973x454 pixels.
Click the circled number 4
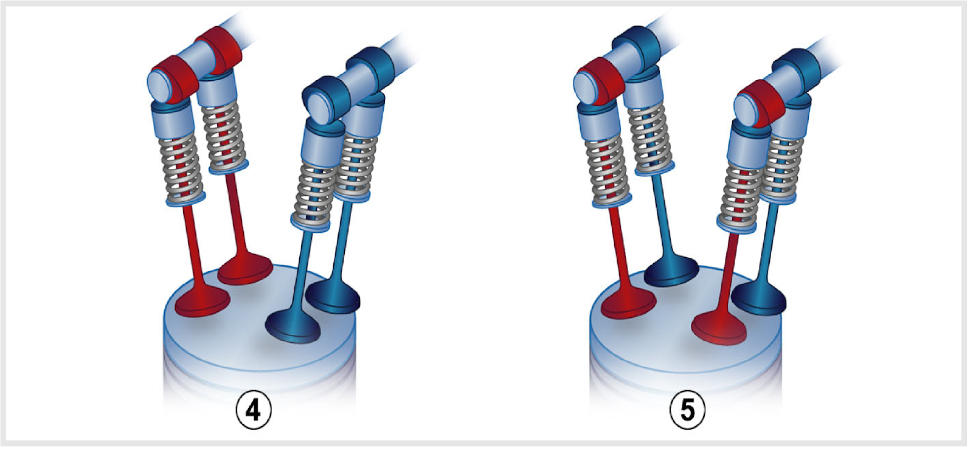[254, 410]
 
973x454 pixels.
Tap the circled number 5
[687, 410]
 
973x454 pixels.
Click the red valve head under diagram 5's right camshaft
[719, 328]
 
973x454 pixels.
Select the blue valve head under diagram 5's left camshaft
[671, 272]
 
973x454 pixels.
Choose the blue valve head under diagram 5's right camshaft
[759, 299]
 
